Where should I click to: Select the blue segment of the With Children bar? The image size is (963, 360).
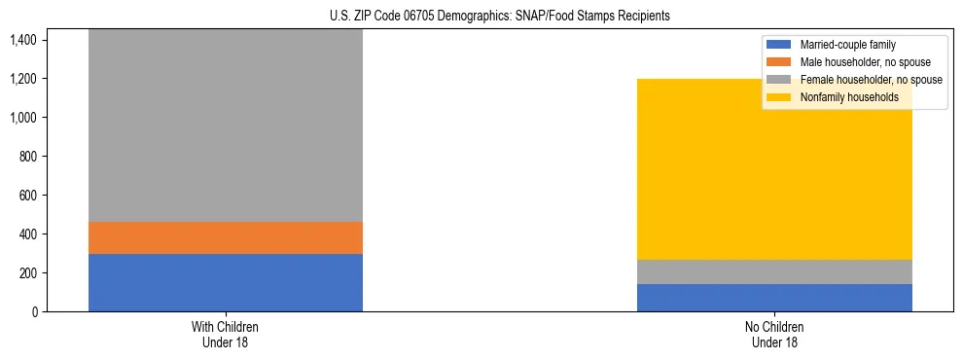[226, 282]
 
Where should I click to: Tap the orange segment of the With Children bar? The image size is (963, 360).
[226, 237]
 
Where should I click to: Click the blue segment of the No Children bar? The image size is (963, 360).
[774, 298]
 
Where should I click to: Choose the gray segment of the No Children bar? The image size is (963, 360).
[774, 271]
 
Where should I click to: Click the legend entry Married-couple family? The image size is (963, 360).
[847, 45]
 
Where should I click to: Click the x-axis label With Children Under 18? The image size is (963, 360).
[226, 335]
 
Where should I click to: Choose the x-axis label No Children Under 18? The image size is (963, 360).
[774, 335]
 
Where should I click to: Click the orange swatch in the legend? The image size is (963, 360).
[779, 62]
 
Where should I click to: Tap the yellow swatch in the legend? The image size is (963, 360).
[779, 97]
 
